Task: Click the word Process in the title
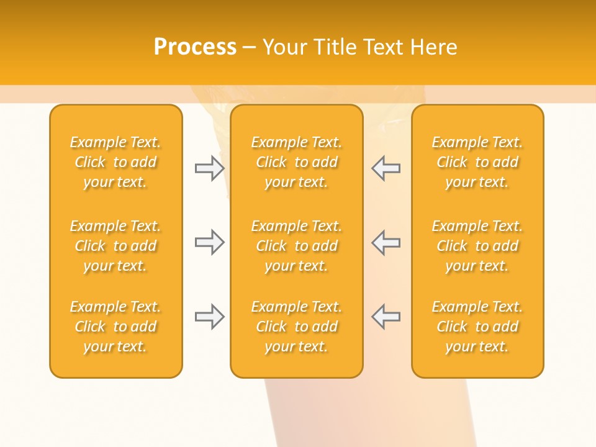[x=195, y=47]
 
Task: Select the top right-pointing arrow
[x=209, y=168]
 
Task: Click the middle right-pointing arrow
[x=209, y=242]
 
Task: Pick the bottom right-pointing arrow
[x=209, y=317]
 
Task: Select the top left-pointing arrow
[x=386, y=168]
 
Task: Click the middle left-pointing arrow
[x=386, y=242]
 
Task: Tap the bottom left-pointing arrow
[x=386, y=317]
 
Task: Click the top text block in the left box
[x=115, y=162]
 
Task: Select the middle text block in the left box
[x=115, y=246]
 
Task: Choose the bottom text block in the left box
[x=115, y=327]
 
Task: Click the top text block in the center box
[x=296, y=162]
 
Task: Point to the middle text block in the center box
[x=296, y=246]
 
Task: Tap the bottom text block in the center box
[x=296, y=327]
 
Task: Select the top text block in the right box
[x=477, y=162]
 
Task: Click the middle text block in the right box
[x=477, y=246]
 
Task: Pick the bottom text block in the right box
[x=477, y=327]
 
